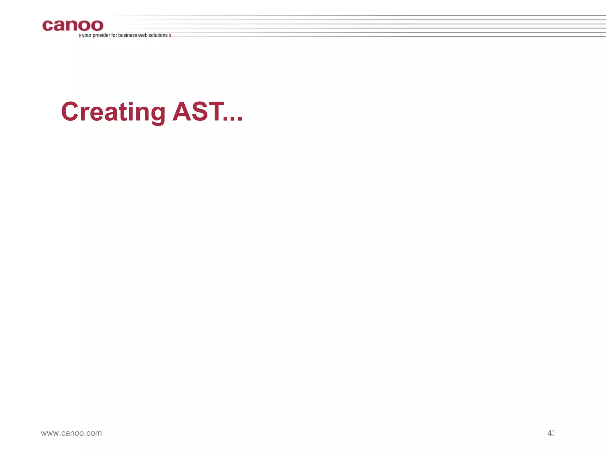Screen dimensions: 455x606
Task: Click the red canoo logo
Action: pyautogui.click(x=73, y=25)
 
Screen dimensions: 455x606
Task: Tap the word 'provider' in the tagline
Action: pyautogui.click(x=101, y=35)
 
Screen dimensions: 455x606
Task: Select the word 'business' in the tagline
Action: pyautogui.click(x=128, y=35)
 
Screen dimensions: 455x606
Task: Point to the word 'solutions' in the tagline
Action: pyautogui.click(x=158, y=35)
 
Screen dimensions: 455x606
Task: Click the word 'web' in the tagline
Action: pyautogui.click(x=143, y=35)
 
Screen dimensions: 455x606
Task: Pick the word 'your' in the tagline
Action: pyautogui.click(x=87, y=36)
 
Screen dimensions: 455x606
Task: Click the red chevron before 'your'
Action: pyautogui.click(x=80, y=36)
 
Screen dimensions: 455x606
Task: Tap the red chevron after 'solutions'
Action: pyautogui.click(x=170, y=36)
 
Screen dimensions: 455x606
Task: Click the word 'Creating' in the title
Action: pyautogui.click(x=113, y=112)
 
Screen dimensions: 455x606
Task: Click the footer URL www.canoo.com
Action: pyautogui.click(x=71, y=433)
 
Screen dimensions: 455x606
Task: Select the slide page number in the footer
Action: pyautogui.click(x=550, y=433)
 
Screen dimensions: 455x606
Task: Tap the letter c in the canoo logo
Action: pyautogui.click(x=48, y=26)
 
